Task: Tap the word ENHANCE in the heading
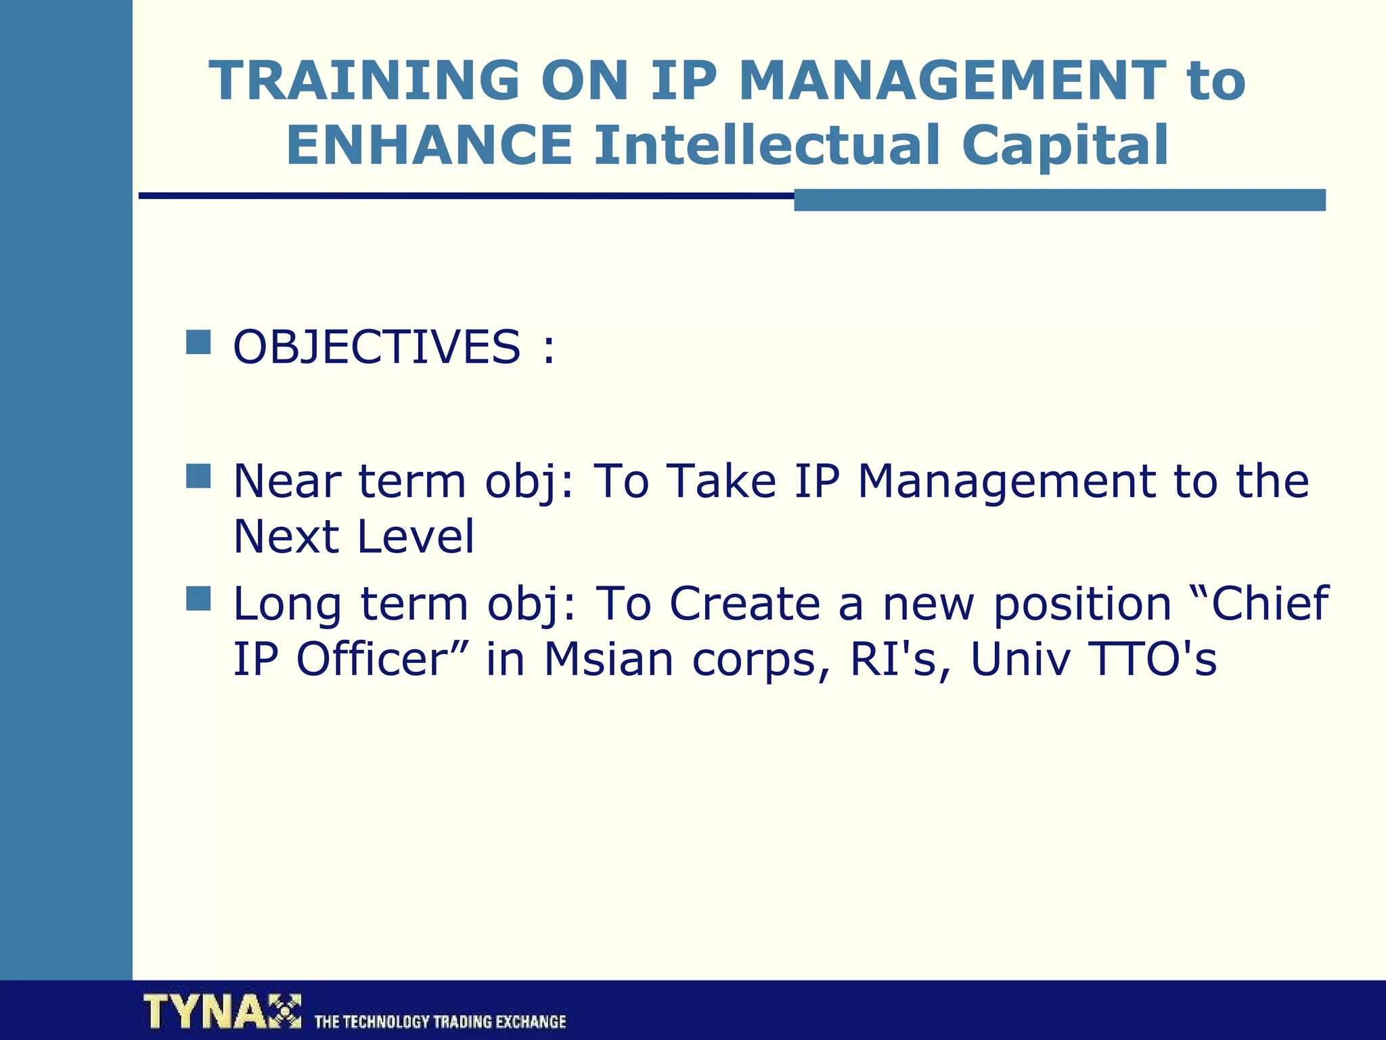point(429,146)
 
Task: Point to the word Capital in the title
point(1065,146)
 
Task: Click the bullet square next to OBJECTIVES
point(198,343)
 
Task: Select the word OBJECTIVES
point(376,347)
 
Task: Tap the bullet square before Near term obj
point(198,476)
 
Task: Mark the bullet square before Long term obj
point(198,599)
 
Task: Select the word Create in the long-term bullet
point(744,604)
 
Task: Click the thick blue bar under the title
point(1059,200)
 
